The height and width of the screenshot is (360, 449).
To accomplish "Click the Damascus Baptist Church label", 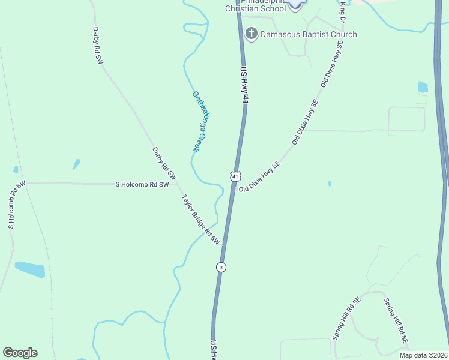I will click(309, 34).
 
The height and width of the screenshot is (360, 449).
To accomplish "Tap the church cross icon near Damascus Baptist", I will click(252, 34).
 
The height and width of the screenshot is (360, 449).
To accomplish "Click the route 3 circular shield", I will click(221, 267).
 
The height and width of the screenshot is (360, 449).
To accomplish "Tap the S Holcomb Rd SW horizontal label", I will click(142, 185).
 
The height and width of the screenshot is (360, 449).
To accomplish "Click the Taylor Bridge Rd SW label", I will click(202, 220).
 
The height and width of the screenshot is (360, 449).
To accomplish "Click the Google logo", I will click(20, 353).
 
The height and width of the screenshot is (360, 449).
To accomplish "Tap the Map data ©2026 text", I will click(423, 355).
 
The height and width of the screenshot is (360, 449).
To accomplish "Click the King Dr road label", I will click(343, 11).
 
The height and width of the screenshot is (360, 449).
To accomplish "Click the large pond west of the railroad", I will click(30, 269).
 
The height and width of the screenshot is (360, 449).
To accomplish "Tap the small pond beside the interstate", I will click(423, 87).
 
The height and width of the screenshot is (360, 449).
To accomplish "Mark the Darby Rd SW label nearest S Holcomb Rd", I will click(163, 164).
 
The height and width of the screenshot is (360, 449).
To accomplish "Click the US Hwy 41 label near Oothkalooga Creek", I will click(244, 87).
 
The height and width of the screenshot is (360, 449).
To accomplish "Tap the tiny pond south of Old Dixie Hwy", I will click(330, 184).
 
